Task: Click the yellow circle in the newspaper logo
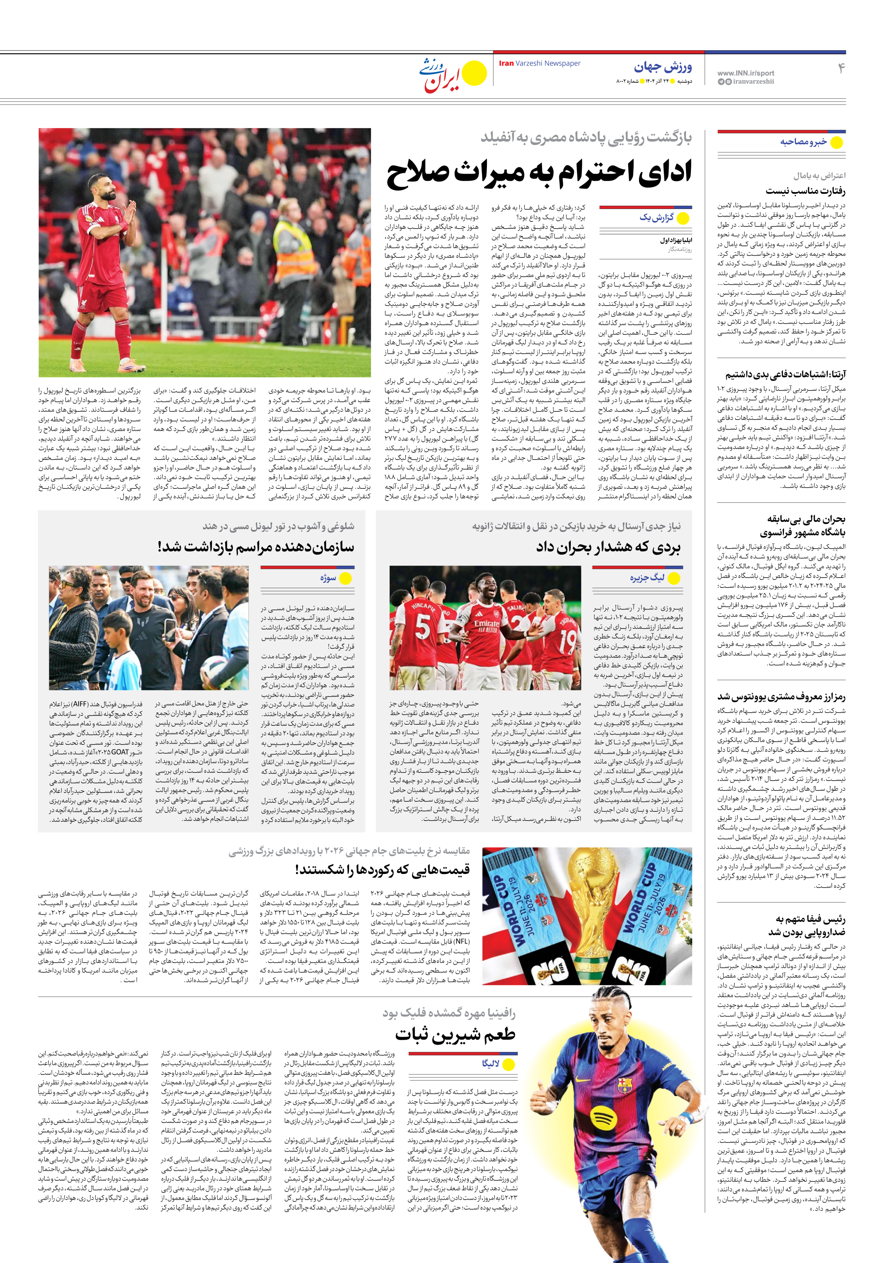tap(474, 73)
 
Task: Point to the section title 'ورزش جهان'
tap(663, 67)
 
